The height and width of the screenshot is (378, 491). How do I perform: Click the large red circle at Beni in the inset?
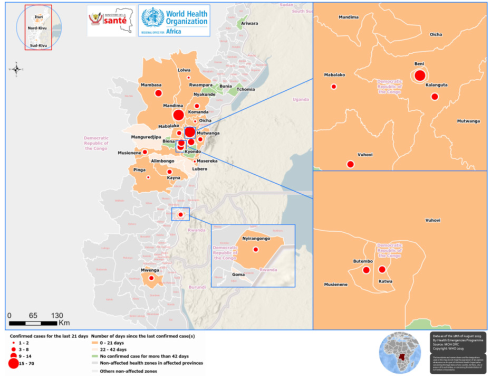[419, 75]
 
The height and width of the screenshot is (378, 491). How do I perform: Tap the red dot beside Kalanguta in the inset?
[435, 96]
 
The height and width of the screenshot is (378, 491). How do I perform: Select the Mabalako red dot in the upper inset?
[333, 87]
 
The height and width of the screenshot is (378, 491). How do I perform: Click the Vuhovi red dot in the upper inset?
[350, 164]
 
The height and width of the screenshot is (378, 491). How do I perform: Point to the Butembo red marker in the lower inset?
[366, 270]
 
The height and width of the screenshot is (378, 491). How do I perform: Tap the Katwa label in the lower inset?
[386, 281]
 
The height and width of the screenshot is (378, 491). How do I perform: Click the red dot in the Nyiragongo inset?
[256, 249]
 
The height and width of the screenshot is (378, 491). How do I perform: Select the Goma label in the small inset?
[237, 275]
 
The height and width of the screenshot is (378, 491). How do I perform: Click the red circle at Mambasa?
[158, 93]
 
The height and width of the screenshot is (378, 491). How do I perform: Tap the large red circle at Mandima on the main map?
[178, 115]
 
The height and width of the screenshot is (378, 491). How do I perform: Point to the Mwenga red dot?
[151, 278]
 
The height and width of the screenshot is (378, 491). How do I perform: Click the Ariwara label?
[249, 24]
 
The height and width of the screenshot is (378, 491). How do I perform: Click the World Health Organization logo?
[174, 21]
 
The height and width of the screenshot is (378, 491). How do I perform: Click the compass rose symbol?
[16, 69]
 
